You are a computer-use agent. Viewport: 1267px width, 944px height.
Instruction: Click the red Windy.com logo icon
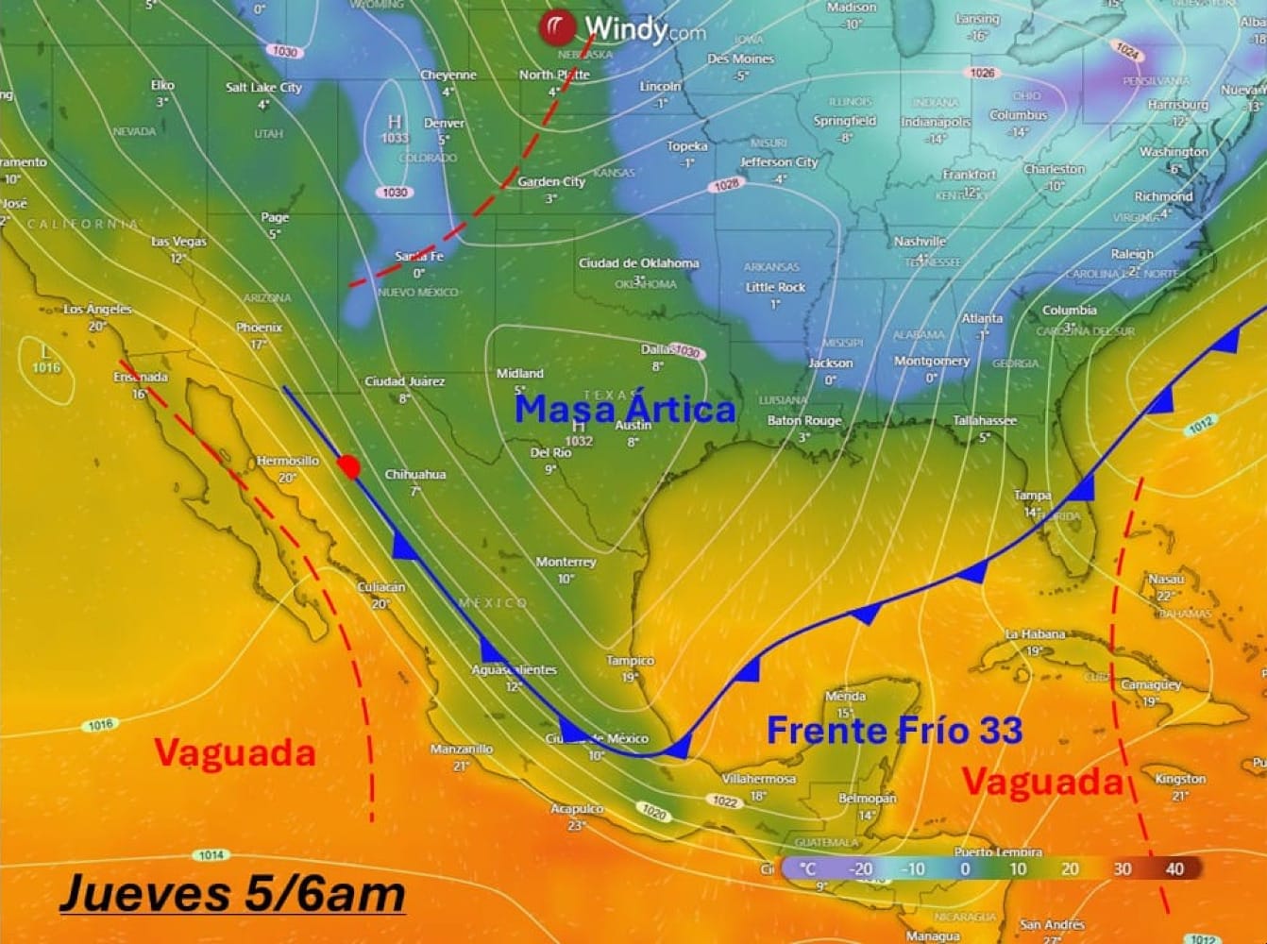pos(557,28)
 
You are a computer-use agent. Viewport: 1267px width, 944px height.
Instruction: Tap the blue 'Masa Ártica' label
pos(624,410)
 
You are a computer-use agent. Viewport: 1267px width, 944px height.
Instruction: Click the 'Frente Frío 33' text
pos(893,730)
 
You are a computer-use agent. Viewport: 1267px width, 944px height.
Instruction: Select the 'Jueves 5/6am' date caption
pos(232,894)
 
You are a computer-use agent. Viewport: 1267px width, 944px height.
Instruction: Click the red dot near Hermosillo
pos(349,467)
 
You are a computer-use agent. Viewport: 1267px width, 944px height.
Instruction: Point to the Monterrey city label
pos(566,562)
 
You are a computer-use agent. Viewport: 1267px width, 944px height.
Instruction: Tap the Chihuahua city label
pos(414,475)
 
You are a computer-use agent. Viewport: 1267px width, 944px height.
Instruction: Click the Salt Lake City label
pos(263,87)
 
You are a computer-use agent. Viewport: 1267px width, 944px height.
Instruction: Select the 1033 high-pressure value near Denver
pos(395,138)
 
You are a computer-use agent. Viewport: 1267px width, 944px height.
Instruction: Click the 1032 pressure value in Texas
pos(578,441)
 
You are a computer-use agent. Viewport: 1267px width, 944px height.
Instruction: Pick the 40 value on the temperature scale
pos(1174,868)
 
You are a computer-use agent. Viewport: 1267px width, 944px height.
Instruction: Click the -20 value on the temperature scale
pos(859,868)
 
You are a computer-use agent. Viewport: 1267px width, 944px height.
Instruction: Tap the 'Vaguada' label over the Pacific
pos(234,753)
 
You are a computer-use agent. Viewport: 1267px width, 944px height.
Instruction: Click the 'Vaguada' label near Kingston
pos(1042,782)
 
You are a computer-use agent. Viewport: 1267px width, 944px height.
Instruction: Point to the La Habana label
pos(1035,634)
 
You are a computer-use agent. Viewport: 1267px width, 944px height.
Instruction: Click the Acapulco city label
pos(577,809)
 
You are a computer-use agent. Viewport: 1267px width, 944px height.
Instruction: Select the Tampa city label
pos(1032,496)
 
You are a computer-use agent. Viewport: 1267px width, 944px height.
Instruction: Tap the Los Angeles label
pos(98,310)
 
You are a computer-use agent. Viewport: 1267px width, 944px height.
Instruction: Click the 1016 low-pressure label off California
pos(44,368)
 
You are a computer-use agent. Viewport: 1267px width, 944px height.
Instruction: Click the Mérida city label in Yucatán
pos(845,696)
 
